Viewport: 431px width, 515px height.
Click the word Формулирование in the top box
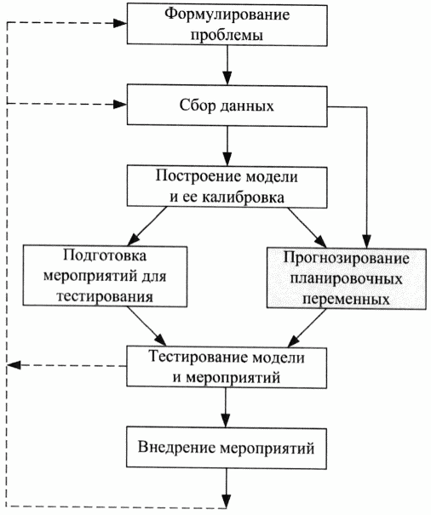pyautogui.click(x=227, y=15)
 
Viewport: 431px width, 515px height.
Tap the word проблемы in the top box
pyautogui.click(x=227, y=35)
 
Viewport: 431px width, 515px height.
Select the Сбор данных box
pyautogui.click(x=227, y=106)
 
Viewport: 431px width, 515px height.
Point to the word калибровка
pyautogui.click(x=243, y=197)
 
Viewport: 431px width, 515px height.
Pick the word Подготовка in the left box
pyautogui.click(x=105, y=256)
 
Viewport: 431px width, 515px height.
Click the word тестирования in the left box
pyautogui.click(x=105, y=296)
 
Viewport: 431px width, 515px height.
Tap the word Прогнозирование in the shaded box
pyautogui.click(x=347, y=259)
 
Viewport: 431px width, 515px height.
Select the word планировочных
pyautogui.click(x=347, y=279)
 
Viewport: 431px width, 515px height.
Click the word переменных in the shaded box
pyautogui.click(x=347, y=300)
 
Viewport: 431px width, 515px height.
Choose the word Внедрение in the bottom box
pyautogui.click(x=176, y=448)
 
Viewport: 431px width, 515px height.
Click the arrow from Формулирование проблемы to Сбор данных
pyautogui.click(x=227, y=65)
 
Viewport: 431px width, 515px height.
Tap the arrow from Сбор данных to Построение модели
pyautogui.click(x=227, y=146)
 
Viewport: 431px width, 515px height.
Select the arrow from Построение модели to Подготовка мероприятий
pyautogui.click(x=147, y=226)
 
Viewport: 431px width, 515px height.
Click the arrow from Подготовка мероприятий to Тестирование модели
pyautogui.click(x=147, y=327)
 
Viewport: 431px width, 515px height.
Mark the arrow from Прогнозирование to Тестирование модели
pyautogui.click(x=307, y=328)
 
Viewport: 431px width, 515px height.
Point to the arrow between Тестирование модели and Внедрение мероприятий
pyautogui.click(x=226, y=408)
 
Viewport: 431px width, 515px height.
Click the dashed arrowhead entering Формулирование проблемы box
pyautogui.click(x=120, y=23)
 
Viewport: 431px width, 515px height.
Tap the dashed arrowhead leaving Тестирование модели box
pyautogui.click(x=14, y=365)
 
